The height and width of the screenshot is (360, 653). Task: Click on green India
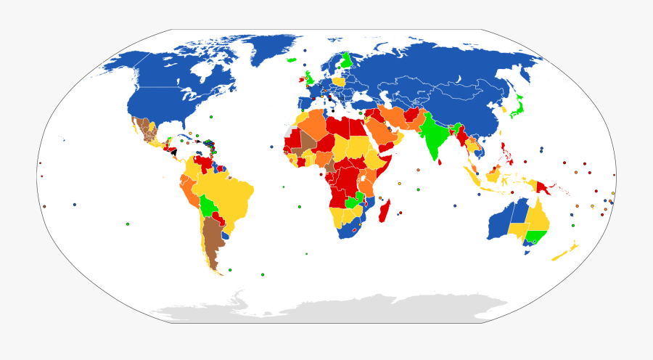tap(434, 134)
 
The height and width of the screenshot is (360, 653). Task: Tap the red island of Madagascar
tap(386, 213)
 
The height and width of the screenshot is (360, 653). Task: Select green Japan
tap(517, 109)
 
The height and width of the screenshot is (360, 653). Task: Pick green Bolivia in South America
tap(209, 205)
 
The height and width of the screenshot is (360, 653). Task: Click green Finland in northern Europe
tap(347, 59)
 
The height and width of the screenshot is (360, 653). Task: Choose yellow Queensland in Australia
tap(538, 213)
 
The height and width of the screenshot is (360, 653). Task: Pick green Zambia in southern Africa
tap(354, 202)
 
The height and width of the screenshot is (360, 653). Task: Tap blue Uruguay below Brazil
tap(226, 234)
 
